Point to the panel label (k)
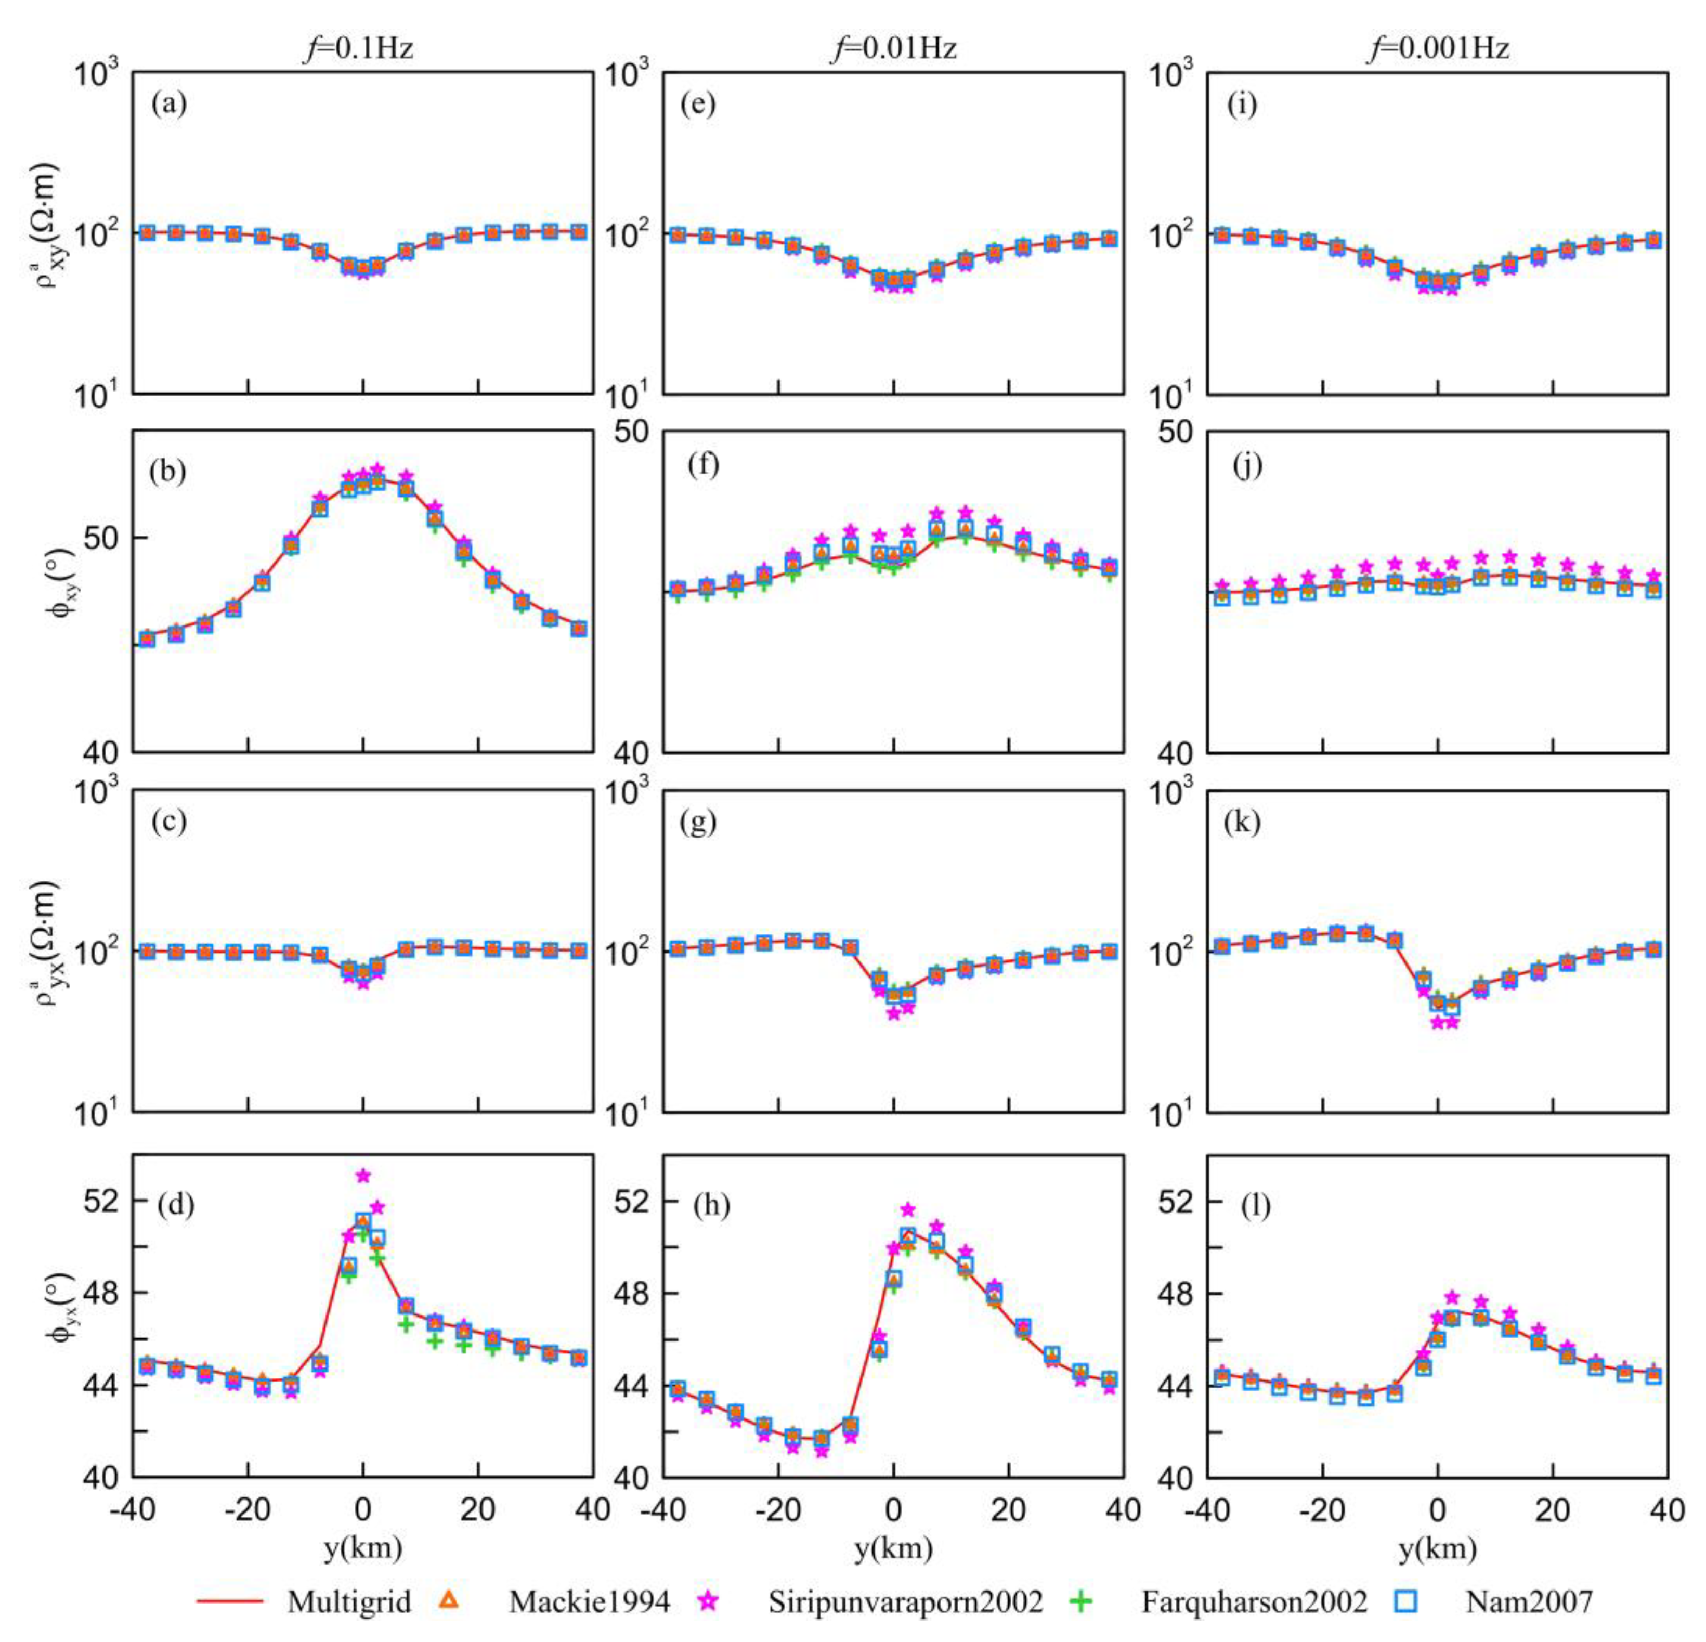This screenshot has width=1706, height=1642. click(x=1243, y=823)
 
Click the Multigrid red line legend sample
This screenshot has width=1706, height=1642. click(x=229, y=1599)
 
